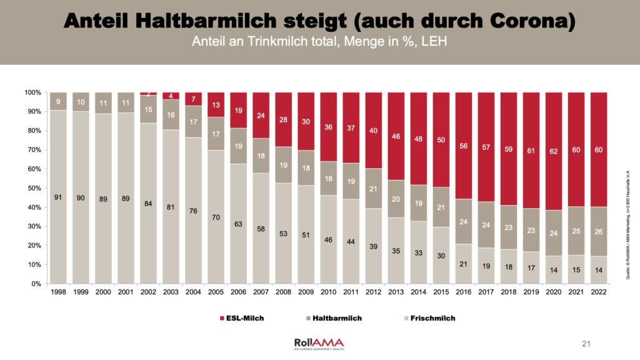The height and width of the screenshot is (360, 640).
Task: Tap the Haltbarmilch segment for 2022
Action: tap(598, 231)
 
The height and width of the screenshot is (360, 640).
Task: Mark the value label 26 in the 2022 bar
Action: tap(598, 232)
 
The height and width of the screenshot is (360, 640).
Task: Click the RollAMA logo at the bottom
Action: tap(319, 343)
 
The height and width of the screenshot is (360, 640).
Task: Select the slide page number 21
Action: tap(586, 343)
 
